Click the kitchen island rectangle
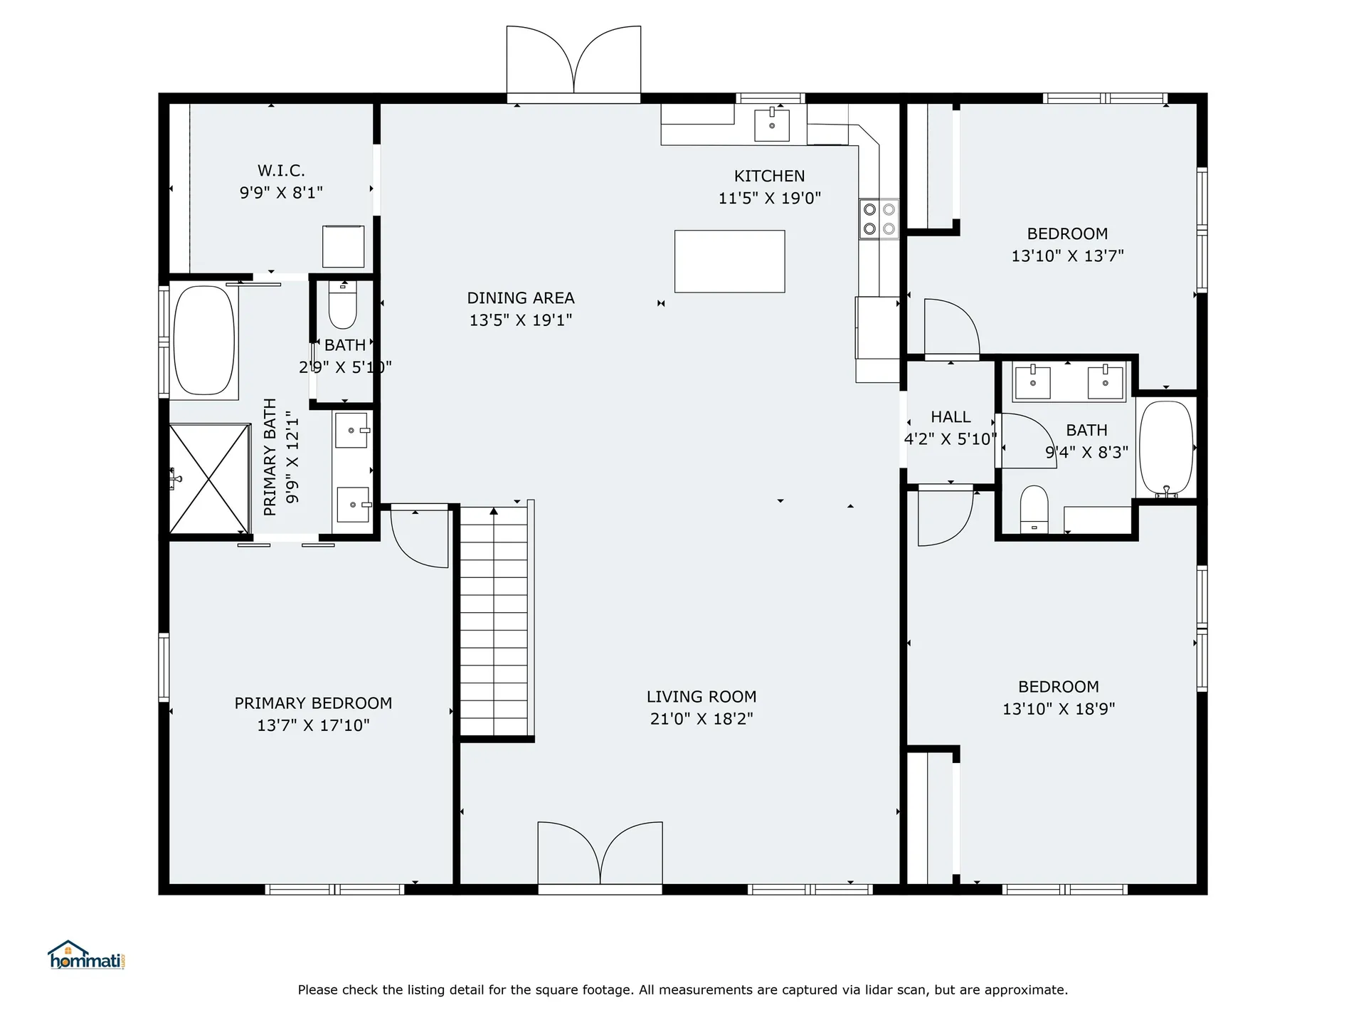(x=729, y=261)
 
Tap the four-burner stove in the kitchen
(x=879, y=219)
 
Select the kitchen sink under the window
(x=771, y=125)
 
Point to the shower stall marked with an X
(x=209, y=478)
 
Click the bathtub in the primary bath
(x=204, y=340)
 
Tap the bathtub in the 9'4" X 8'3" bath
(x=1165, y=448)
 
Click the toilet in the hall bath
(x=1034, y=508)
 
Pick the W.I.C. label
(x=281, y=171)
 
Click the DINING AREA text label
(x=520, y=298)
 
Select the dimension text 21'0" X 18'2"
(x=701, y=719)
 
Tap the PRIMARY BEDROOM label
(x=313, y=703)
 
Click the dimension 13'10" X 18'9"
(x=1059, y=709)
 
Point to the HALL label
(x=951, y=417)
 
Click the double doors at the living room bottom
(x=600, y=854)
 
